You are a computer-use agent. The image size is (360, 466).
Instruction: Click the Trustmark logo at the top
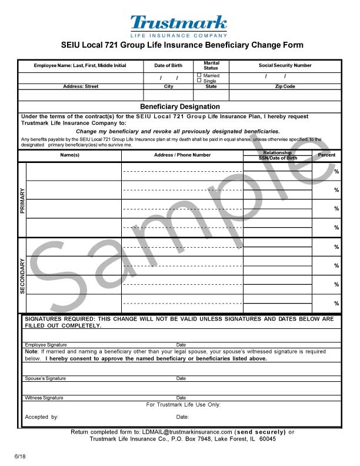pyautogui.click(x=179, y=25)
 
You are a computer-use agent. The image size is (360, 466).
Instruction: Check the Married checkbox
pyautogui.click(x=199, y=75)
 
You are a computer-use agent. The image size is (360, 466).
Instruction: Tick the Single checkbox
pyautogui.click(x=199, y=81)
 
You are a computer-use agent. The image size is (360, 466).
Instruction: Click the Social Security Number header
pyautogui.click(x=285, y=65)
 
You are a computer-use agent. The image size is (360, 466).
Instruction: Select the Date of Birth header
pyautogui.click(x=168, y=65)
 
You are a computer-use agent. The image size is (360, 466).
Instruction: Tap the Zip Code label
pyautogui.click(x=285, y=86)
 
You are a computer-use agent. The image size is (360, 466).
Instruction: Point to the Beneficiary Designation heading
pyautogui.click(x=180, y=106)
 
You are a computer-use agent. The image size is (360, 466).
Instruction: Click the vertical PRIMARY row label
pyautogui.click(x=22, y=200)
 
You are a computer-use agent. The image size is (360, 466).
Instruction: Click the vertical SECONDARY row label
pyautogui.click(x=22, y=276)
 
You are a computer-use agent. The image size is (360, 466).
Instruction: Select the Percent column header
pyautogui.click(x=326, y=155)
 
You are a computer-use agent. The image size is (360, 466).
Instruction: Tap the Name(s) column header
pyautogui.click(x=69, y=155)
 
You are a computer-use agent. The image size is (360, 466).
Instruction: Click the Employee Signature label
pyautogui.click(x=45, y=345)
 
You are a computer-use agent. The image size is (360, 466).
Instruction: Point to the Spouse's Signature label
pyautogui.click(x=45, y=378)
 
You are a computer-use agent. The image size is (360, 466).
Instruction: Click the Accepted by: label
pyautogui.click(x=41, y=417)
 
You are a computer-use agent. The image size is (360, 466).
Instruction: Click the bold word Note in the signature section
pyautogui.click(x=31, y=351)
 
